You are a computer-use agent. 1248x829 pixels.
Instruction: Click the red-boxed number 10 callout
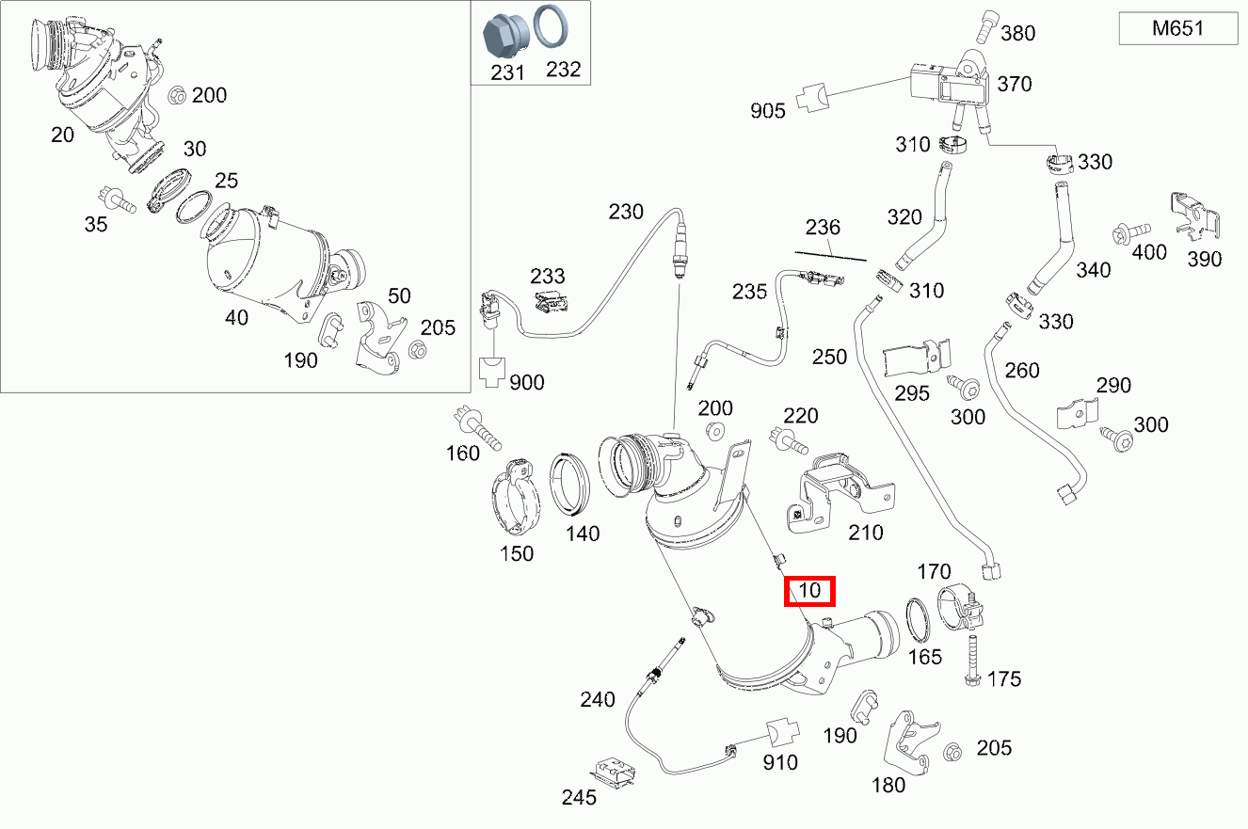coord(809,591)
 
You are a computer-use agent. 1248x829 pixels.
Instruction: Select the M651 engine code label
coord(1177,28)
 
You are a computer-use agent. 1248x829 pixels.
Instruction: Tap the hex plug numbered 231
coord(504,36)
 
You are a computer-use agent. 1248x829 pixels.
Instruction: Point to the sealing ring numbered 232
coord(551,25)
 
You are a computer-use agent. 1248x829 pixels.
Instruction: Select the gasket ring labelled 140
coord(568,484)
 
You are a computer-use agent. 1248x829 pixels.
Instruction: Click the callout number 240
coord(598,700)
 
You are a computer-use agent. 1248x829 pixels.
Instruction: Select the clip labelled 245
coord(613,773)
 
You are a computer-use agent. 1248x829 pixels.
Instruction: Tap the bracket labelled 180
coord(910,743)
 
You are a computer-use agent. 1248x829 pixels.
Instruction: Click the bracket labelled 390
coord(1194,217)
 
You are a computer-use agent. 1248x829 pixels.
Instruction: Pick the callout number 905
coord(767,111)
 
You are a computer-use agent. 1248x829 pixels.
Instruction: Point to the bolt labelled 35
coord(116,200)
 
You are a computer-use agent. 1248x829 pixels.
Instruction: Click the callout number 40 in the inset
coord(236,318)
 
